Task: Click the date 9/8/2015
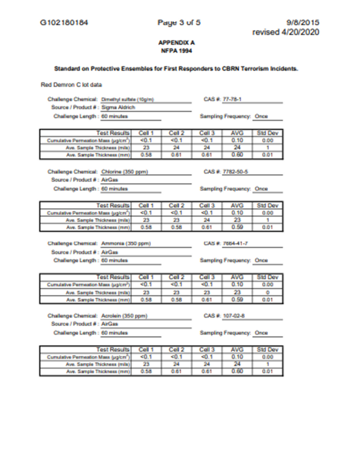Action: (303, 22)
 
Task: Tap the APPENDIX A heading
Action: (176, 43)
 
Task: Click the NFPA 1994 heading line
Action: (176, 50)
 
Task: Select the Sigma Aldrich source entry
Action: (118, 107)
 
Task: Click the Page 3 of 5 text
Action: (179, 22)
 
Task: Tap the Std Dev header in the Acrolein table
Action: (267, 349)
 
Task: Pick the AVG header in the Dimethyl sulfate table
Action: (236, 132)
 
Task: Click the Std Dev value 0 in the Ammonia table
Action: (267, 292)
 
